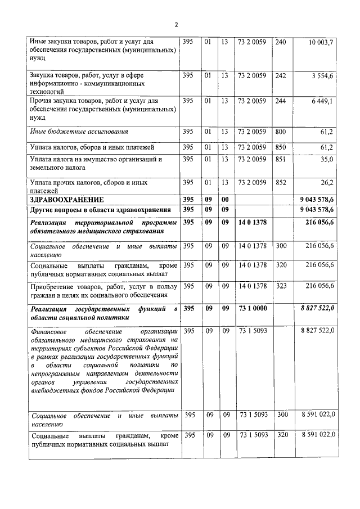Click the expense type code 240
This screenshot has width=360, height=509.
coord(281,43)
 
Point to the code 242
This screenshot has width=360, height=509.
coord(281,75)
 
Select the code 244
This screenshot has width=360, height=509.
coord(281,101)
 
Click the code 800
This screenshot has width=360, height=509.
coord(281,132)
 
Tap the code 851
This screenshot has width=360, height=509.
coord(281,160)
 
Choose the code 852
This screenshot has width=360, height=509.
coord(281,183)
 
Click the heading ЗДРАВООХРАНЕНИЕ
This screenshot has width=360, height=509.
coord(67,200)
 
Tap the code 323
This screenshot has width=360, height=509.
coord(281,286)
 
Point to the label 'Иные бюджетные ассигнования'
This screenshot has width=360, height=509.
coord(79,132)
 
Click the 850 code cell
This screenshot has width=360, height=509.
coord(281,147)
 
